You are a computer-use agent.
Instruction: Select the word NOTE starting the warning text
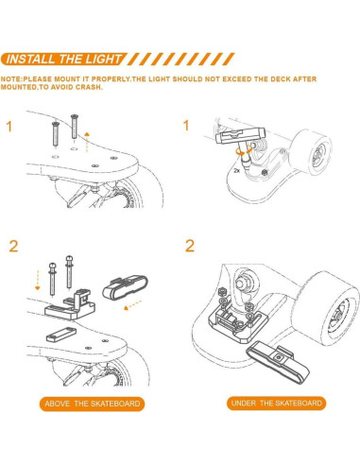12,79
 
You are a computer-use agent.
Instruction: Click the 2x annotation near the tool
235,172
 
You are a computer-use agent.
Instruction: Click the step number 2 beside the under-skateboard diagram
190,247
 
